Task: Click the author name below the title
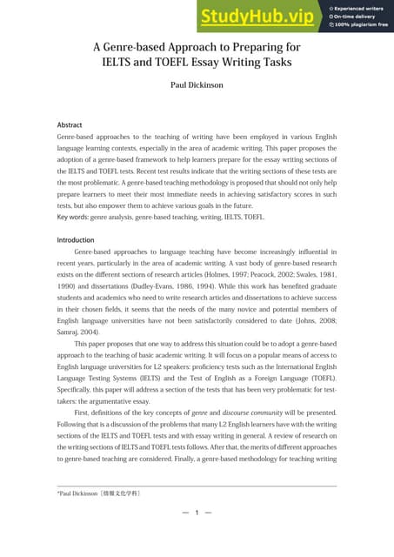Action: tap(197, 87)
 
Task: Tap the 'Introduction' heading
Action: tap(76, 239)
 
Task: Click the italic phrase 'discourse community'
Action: tap(249, 412)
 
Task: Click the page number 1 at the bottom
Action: tap(197, 513)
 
